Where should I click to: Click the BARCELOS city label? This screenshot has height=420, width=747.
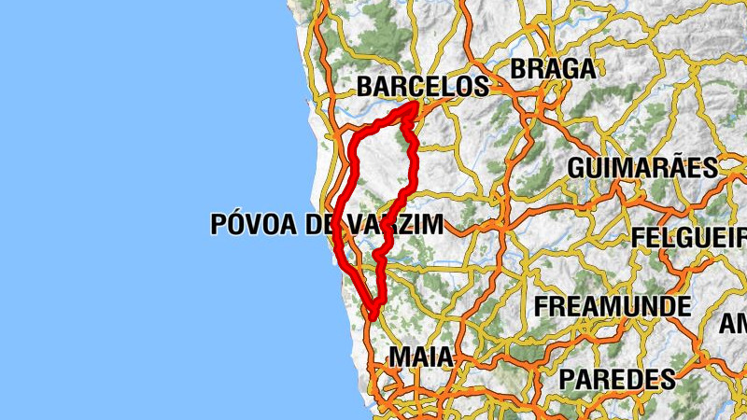click(x=423, y=87)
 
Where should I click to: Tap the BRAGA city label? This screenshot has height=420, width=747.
click(x=553, y=68)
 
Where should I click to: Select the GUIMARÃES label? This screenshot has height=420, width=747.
click(x=642, y=168)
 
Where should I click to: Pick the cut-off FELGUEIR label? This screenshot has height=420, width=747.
click(x=689, y=237)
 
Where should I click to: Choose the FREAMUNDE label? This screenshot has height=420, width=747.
click(x=613, y=306)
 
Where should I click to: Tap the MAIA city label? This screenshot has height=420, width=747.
click(x=421, y=357)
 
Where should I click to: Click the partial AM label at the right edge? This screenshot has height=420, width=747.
click(x=733, y=324)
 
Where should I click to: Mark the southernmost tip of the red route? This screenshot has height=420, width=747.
click(x=372, y=317)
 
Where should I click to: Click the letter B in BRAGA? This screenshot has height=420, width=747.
click(x=518, y=68)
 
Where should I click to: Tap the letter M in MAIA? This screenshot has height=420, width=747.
click(x=399, y=357)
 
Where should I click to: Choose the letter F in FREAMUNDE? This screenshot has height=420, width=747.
click(x=541, y=306)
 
